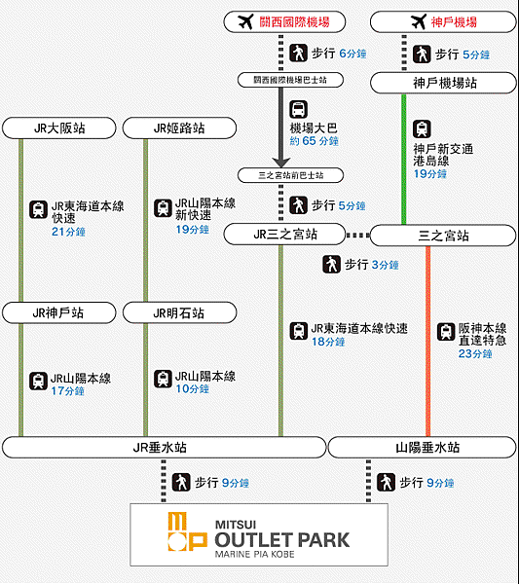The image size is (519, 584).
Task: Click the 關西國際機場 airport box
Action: click(x=284, y=22)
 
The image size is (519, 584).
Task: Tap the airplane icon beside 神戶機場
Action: click(x=419, y=21)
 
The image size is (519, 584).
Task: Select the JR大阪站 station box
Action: click(x=58, y=128)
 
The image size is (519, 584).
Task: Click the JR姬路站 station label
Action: click(x=179, y=128)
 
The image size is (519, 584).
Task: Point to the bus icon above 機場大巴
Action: click(x=298, y=109)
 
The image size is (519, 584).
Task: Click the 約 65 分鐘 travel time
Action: click(x=315, y=141)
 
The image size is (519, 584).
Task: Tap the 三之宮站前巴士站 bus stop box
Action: click(x=290, y=175)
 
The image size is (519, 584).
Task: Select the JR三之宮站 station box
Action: click(x=284, y=235)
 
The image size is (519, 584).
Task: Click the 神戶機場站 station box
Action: click(x=443, y=83)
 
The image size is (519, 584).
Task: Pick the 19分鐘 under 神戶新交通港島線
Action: click(x=430, y=174)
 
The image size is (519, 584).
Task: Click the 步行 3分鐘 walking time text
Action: click(x=371, y=265)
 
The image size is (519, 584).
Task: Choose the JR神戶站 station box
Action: click(x=58, y=312)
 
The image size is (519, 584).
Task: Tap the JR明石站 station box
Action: click(x=179, y=312)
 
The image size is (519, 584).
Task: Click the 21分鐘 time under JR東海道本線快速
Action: click(x=68, y=232)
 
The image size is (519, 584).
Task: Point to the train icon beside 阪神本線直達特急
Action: click(x=446, y=332)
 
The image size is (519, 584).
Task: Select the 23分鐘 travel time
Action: click(x=475, y=353)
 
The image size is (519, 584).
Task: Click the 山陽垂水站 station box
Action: click(x=423, y=448)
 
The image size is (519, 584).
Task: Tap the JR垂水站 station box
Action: click(x=164, y=448)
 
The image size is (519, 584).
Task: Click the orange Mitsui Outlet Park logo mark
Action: click(x=187, y=531)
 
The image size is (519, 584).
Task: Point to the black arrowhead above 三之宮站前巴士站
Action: click(x=281, y=163)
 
